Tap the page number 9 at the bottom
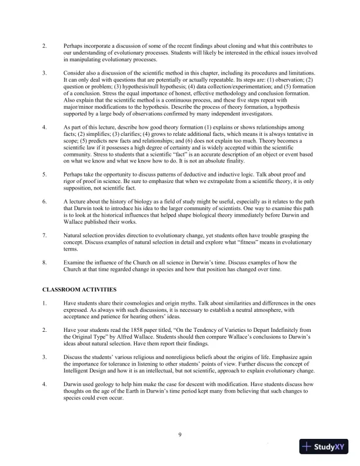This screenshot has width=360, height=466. [180, 435]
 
